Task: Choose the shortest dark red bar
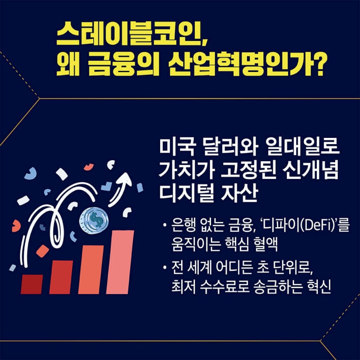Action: pyautogui.click(x=32, y=284)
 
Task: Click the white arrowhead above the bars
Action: pyautogui.click(x=124, y=178)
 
